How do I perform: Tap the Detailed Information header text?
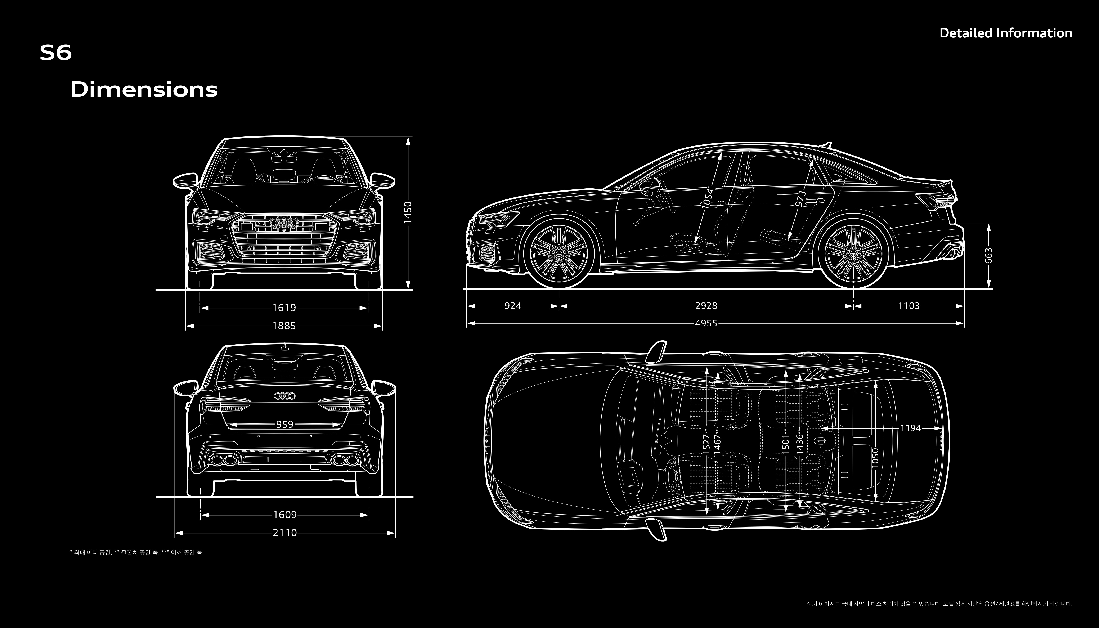(1005, 33)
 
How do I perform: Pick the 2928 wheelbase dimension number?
(706, 306)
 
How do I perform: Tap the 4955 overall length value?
(706, 323)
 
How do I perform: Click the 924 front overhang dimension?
(513, 306)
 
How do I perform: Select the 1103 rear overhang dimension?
(909, 306)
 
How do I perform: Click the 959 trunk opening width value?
(285, 424)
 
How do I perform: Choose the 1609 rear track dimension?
(285, 515)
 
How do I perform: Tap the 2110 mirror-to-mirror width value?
(285, 533)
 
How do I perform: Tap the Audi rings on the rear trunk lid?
(285, 395)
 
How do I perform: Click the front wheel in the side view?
(559, 255)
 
